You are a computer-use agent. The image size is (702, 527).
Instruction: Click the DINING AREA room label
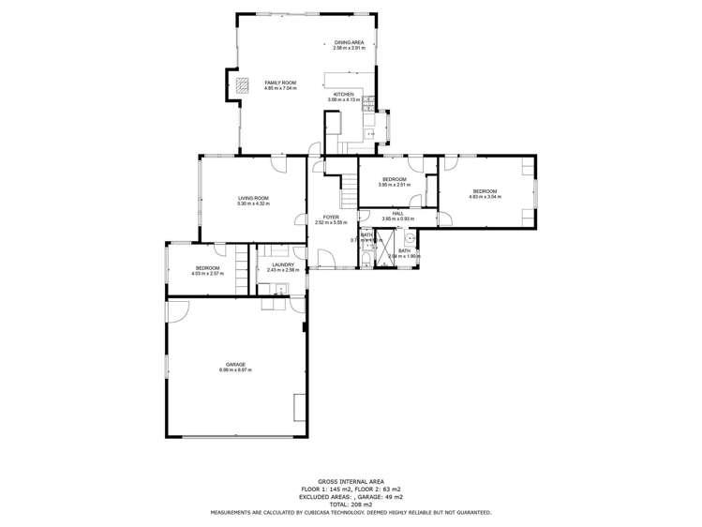pyautogui.click(x=349, y=42)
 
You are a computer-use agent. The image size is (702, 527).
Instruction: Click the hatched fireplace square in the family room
pyautogui.click(x=244, y=85)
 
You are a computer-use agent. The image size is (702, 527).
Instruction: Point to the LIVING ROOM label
pyautogui.click(x=253, y=198)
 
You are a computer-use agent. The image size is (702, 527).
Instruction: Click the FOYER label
pyautogui.click(x=331, y=217)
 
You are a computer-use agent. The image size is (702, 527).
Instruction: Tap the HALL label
pyautogui.click(x=397, y=213)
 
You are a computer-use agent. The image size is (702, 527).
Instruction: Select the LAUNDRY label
pyautogui.click(x=283, y=264)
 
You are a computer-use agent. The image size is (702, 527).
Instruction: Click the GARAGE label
pyautogui.click(x=235, y=365)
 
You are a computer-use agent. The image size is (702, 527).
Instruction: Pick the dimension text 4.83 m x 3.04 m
pyautogui.click(x=485, y=197)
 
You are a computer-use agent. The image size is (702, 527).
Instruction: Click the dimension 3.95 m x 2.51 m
pyautogui.click(x=393, y=185)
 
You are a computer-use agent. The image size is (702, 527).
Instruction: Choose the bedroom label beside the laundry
pyautogui.click(x=208, y=268)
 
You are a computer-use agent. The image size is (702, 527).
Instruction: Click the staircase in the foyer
pyautogui.click(x=349, y=193)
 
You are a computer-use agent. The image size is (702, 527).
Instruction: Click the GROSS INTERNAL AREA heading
pyautogui.click(x=351, y=478)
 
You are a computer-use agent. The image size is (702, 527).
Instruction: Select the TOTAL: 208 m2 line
pyautogui.click(x=351, y=505)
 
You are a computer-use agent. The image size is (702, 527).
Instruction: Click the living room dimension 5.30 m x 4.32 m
pyautogui.click(x=253, y=203)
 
